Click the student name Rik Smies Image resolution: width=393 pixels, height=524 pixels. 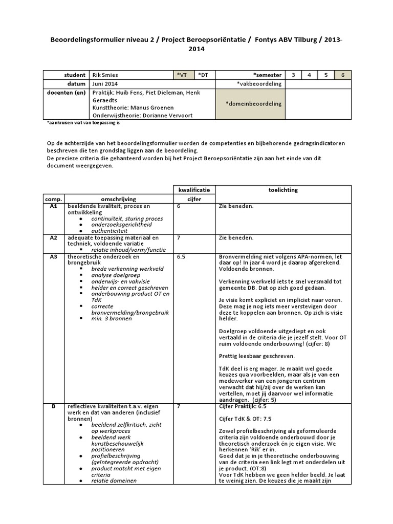tap(105, 75)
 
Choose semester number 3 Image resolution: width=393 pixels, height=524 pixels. tap(293, 75)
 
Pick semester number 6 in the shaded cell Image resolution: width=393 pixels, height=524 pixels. tap(343, 75)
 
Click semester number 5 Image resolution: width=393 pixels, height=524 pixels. tap(326, 75)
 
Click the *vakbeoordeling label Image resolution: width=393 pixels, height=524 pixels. tap(257, 83)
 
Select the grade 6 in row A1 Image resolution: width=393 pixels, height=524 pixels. tap(179, 206)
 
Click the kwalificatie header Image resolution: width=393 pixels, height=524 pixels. tap(194, 190)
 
